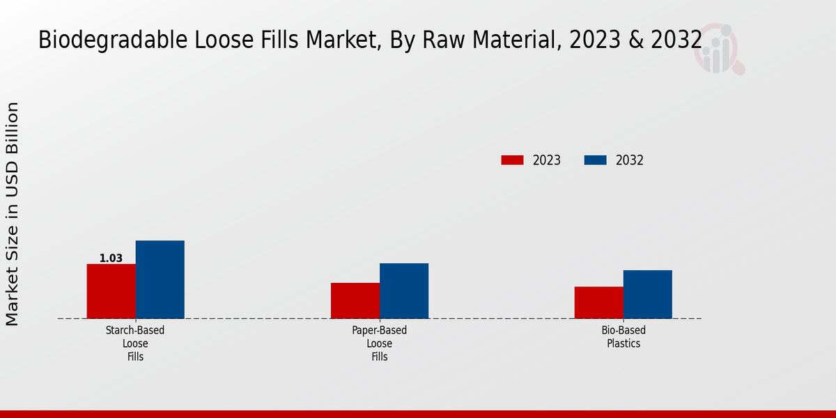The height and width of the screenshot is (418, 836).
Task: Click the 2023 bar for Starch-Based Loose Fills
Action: coord(111,291)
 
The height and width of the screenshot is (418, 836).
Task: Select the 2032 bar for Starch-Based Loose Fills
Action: coord(160,279)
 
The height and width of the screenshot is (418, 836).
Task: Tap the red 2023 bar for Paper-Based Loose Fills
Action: coord(355,301)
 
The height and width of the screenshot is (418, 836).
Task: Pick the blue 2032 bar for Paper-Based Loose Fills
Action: coord(404,291)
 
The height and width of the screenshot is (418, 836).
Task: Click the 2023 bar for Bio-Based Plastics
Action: coord(598,302)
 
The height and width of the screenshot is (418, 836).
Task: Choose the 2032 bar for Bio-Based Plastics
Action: coord(647,294)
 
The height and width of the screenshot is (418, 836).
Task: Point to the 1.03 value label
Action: coord(111,258)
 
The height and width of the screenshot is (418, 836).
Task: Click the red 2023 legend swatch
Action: coord(512,160)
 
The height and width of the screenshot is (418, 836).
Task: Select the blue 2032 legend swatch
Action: coord(595,160)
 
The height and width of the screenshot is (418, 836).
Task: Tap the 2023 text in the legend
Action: coord(547,160)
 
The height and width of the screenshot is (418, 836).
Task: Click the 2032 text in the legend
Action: coord(630,160)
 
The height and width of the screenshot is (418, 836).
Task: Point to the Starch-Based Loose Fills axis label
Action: coord(135,343)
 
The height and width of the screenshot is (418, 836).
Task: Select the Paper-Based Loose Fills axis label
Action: coord(380,343)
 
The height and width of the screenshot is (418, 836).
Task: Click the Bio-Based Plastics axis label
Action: coord(624,337)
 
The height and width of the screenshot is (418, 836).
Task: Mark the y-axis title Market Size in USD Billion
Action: coord(13,214)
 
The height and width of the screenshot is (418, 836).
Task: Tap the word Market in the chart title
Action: coord(311,40)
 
